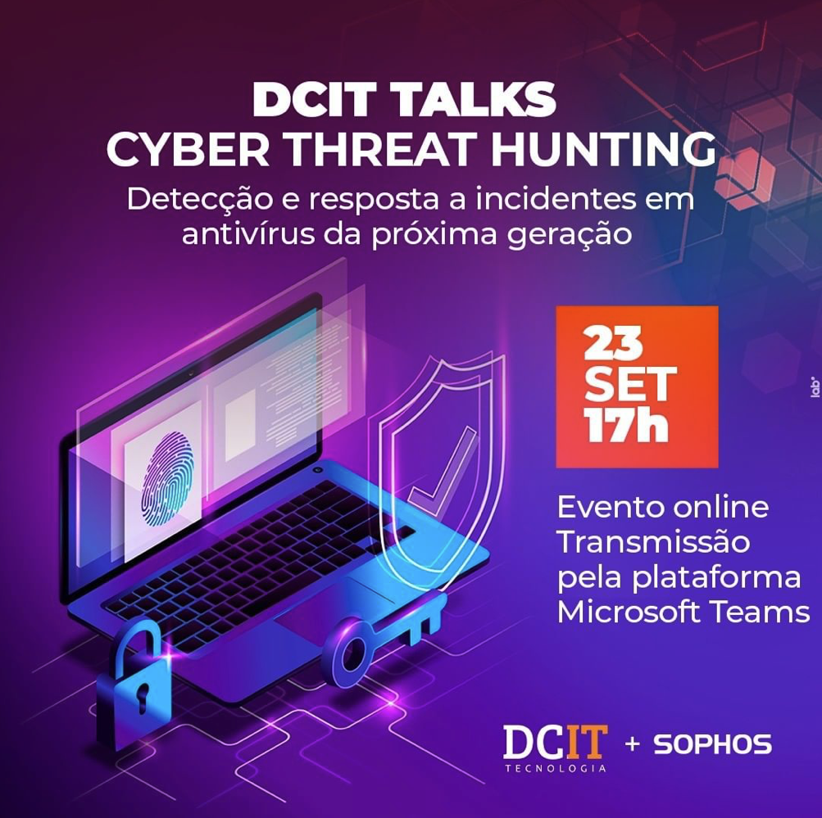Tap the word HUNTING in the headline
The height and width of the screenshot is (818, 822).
[x=604, y=149]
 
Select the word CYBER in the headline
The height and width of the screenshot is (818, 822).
[x=188, y=149]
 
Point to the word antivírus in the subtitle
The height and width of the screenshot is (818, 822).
[x=248, y=234]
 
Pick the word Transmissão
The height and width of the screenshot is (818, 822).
[x=653, y=542]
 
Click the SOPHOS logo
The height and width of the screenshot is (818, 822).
[x=712, y=744]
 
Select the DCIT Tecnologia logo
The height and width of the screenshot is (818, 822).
[x=555, y=748]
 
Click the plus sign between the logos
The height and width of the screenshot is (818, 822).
[x=632, y=744]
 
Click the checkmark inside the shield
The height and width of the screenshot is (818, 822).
[x=443, y=470]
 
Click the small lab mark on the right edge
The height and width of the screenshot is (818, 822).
[x=815, y=386]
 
